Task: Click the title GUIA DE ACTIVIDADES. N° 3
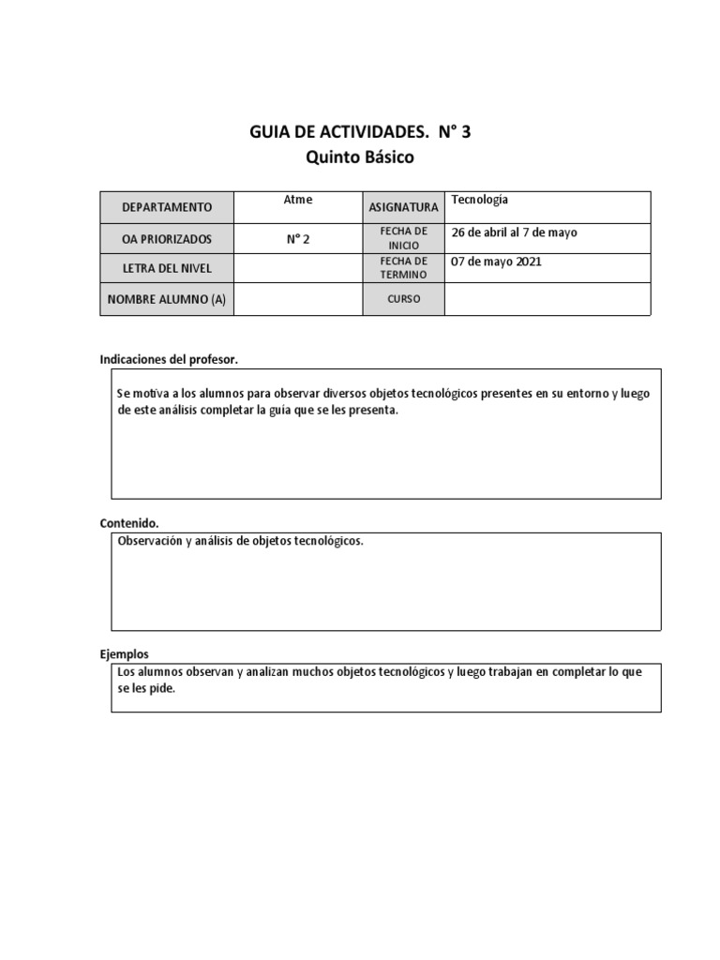click(360, 132)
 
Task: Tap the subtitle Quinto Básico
click(360, 157)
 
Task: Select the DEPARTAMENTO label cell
click(166, 207)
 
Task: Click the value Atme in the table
click(298, 200)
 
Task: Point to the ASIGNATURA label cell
click(403, 207)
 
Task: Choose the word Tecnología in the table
click(479, 200)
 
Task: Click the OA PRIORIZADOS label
click(166, 239)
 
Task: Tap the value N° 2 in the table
click(298, 239)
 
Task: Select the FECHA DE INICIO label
click(403, 238)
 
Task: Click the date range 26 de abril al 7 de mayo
click(515, 232)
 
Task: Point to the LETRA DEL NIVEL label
click(166, 268)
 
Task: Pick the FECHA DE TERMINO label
click(403, 268)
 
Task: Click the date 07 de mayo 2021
click(496, 262)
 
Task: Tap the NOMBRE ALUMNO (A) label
click(166, 299)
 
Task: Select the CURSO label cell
click(403, 299)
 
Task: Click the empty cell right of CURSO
click(547, 299)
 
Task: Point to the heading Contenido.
click(129, 523)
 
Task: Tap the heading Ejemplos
click(125, 654)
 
